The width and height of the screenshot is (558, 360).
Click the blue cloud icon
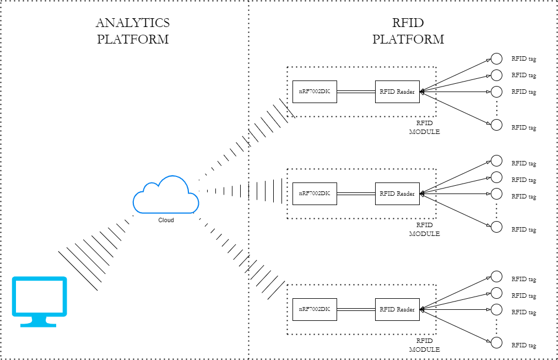click(165, 196)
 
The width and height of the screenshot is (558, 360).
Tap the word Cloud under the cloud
click(166, 220)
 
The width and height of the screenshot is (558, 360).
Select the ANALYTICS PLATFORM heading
click(133, 31)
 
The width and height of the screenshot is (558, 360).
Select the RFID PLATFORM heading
click(408, 31)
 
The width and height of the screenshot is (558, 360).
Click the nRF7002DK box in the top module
click(315, 92)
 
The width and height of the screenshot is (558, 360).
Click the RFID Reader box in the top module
click(397, 92)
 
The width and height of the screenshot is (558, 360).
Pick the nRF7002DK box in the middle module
click(315, 194)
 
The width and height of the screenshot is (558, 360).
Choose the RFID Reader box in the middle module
click(397, 194)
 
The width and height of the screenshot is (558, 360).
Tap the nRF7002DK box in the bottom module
click(315, 310)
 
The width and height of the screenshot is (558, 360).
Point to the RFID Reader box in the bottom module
click(397, 310)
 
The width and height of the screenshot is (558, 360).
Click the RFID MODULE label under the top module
click(424, 127)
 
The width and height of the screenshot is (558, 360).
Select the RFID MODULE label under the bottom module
click(424, 345)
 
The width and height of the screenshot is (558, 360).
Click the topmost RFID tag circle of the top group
click(496, 59)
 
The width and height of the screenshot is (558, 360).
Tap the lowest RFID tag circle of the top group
click(496, 125)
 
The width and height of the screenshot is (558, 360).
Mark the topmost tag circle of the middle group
click(496, 161)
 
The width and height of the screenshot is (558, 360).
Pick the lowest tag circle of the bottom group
click(496, 343)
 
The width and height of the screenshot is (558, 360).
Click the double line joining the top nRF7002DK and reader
click(356, 92)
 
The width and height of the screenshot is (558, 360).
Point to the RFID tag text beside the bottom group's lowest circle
click(523, 346)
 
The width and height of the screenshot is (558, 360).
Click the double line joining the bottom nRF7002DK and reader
click(356, 310)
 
